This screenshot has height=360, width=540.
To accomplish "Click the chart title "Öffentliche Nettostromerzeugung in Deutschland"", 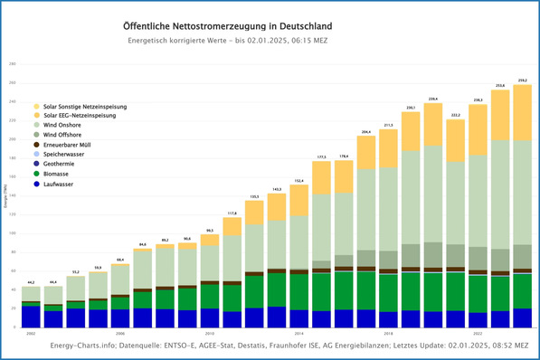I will [x=225, y=28].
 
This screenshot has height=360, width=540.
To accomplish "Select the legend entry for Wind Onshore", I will [x=66, y=125].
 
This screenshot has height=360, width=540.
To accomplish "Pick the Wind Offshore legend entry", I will [x=66, y=135].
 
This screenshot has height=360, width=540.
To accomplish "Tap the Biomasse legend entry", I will [x=60, y=173].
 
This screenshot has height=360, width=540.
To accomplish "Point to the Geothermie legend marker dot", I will [x=36, y=164].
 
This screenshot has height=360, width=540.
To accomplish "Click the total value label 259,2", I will [x=523, y=81].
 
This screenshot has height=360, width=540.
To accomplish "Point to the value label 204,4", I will [x=366, y=132].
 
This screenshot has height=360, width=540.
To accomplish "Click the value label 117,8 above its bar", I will [x=232, y=213].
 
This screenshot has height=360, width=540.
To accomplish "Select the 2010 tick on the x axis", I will [x=210, y=333].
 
